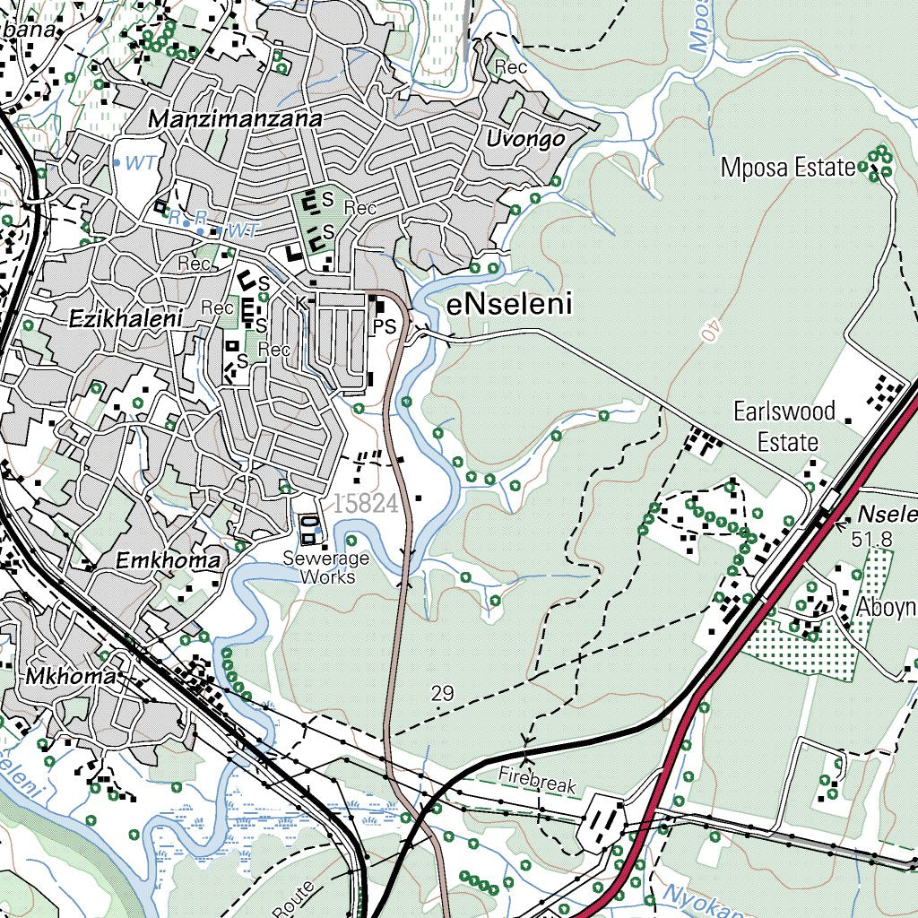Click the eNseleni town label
[x=509, y=306]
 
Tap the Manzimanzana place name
[x=235, y=119]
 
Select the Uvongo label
[x=525, y=139]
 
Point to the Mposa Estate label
[x=788, y=168]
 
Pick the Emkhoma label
[x=169, y=561]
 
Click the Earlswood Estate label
[x=784, y=427]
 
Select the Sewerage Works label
[x=319, y=567]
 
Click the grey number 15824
[x=365, y=504]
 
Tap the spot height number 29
[x=442, y=693]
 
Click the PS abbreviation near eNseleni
[x=385, y=327]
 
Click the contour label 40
[x=707, y=329]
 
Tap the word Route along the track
[x=304, y=893]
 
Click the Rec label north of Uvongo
[x=510, y=67]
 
